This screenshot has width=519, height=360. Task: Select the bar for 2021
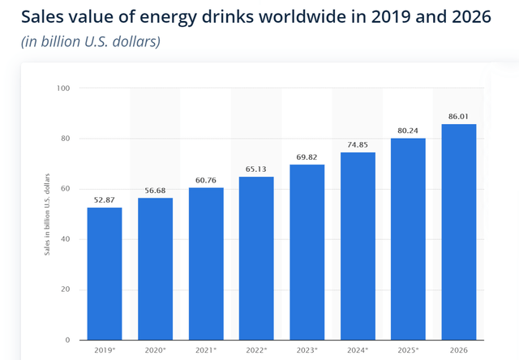206,264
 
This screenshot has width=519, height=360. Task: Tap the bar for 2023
307,252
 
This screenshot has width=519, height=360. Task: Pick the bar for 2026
459,232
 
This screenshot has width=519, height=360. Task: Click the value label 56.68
155,191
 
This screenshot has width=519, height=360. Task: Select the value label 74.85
358,146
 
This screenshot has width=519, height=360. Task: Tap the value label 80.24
408,132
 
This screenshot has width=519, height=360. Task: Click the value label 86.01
459,118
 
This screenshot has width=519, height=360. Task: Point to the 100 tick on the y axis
63,88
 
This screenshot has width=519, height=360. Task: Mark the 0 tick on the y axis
67,340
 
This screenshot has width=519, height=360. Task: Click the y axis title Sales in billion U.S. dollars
47,214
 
